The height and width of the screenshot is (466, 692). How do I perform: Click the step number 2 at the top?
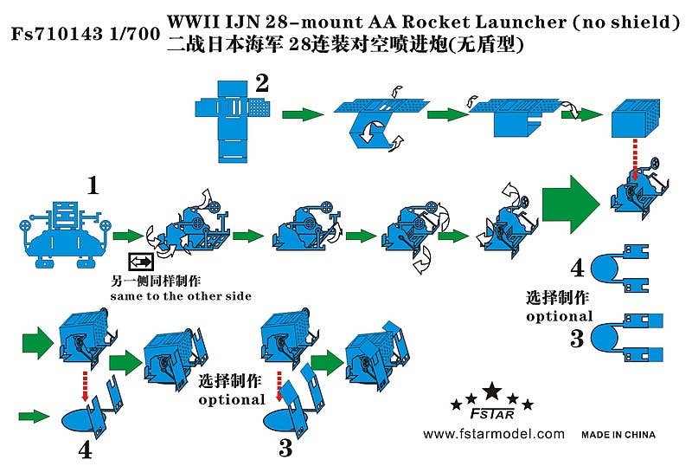click(261, 83)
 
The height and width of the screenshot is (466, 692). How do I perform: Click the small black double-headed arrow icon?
click(140, 262)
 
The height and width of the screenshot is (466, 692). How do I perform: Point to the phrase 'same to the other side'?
click(181, 296)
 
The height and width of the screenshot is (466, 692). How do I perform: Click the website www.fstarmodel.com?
click(494, 434)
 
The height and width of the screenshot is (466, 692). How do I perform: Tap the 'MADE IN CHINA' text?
click(618, 434)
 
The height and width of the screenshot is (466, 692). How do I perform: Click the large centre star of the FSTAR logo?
click(491, 390)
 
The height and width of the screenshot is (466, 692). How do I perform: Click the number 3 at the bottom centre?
click(285, 448)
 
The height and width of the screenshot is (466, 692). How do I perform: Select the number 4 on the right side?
click(577, 268)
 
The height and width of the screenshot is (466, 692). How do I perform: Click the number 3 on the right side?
click(577, 338)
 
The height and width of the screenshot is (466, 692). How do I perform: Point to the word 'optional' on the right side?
click(559, 316)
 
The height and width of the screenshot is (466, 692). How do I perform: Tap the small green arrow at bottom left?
click(34, 417)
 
